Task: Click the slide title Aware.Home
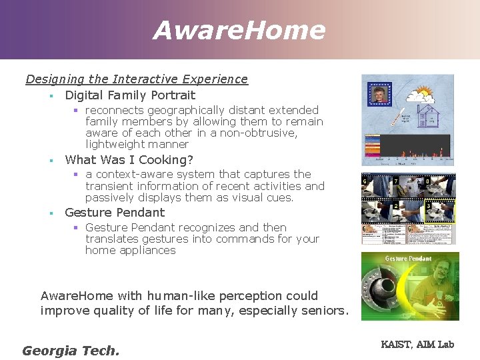[239, 30]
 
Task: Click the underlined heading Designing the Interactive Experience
[137, 79]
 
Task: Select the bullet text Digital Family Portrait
[130, 95]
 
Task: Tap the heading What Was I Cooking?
[129, 160]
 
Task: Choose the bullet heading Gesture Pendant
[115, 213]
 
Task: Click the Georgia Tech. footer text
[71, 351]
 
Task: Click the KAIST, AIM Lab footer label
[417, 344]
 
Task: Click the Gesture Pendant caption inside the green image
[408, 258]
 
